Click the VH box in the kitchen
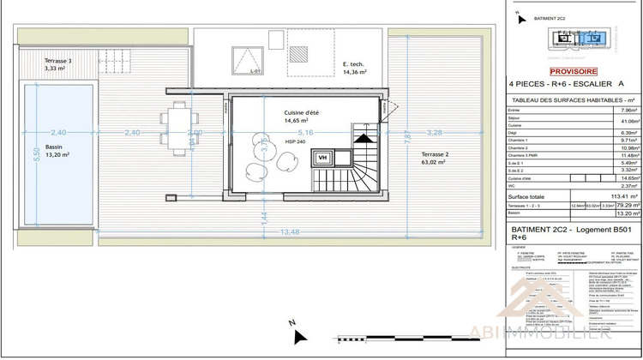pyautogui.click(x=323, y=158)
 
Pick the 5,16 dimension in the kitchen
pyautogui.click(x=306, y=133)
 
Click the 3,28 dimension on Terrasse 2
pyautogui.click(x=434, y=133)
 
